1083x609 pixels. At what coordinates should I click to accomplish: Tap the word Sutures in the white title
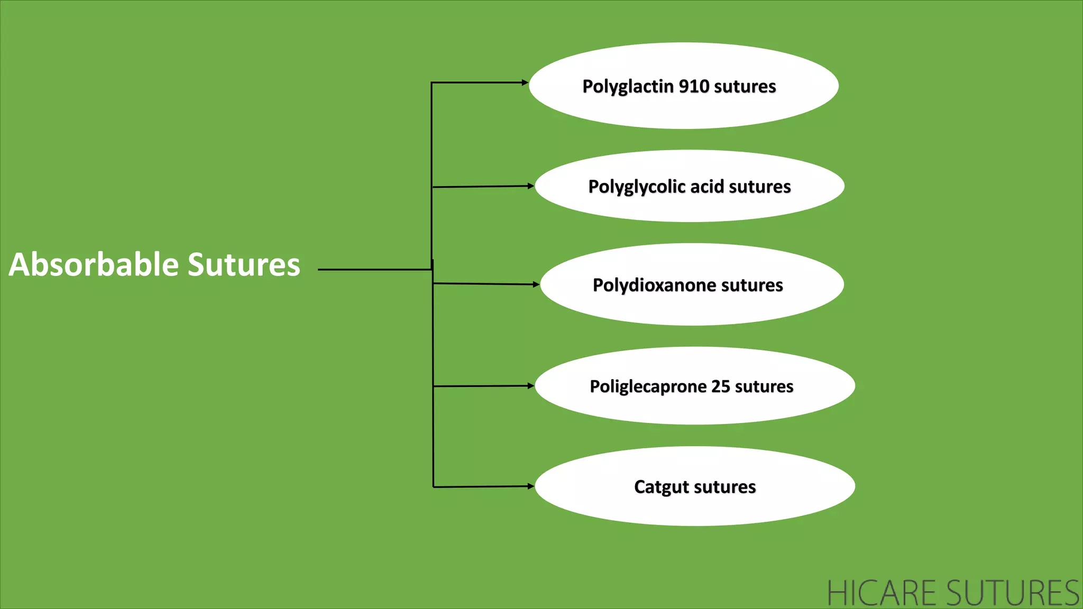[x=244, y=264]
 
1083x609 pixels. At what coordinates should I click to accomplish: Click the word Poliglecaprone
[x=648, y=386]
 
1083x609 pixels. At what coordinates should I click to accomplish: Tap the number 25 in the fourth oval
[x=720, y=386]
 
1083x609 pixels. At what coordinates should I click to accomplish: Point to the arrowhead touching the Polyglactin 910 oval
[x=525, y=82]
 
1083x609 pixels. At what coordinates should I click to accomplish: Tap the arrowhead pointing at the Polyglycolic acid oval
[x=530, y=186]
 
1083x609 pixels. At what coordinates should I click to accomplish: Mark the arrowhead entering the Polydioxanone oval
[x=536, y=284]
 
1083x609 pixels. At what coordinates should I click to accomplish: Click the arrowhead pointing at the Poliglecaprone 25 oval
[x=530, y=386]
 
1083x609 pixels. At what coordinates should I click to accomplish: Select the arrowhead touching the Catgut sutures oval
[x=530, y=486]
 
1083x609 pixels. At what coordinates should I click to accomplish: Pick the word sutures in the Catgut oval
[x=724, y=487]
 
